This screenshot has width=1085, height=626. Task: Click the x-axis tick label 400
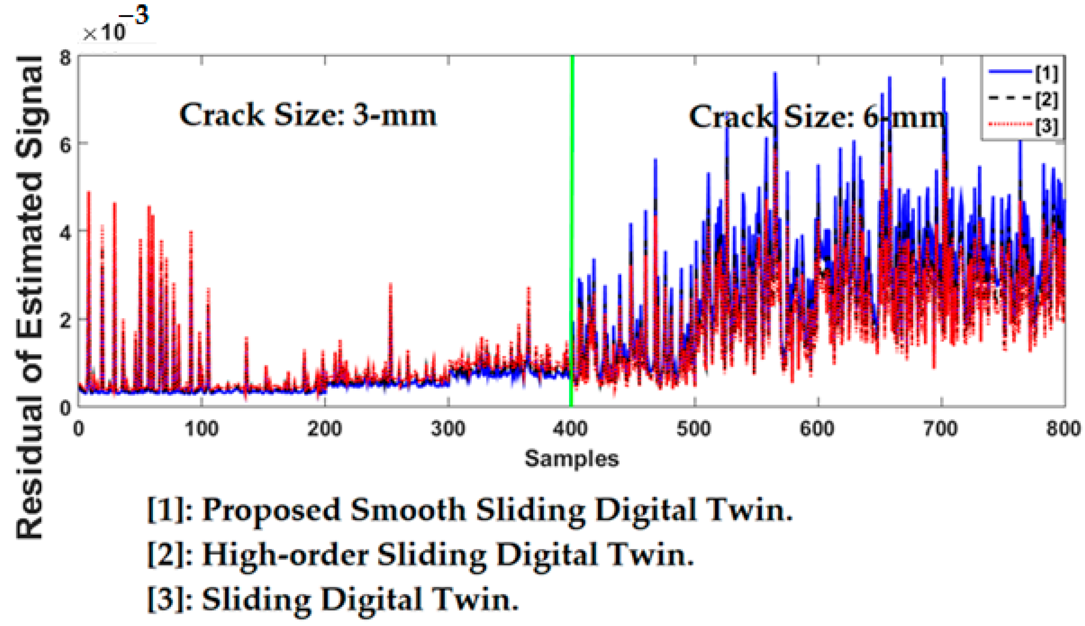click(x=571, y=430)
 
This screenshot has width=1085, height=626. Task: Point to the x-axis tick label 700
click(x=941, y=430)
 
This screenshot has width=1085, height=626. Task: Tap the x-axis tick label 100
click(x=201, y=430)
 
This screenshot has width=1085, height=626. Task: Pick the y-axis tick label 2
click(x=65, y=321)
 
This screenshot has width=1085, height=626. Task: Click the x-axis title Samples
click(x=572, y=458)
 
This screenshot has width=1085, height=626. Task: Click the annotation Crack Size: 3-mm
click(x=308, y=116)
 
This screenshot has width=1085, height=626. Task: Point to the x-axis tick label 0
click(x=78, y=430)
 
